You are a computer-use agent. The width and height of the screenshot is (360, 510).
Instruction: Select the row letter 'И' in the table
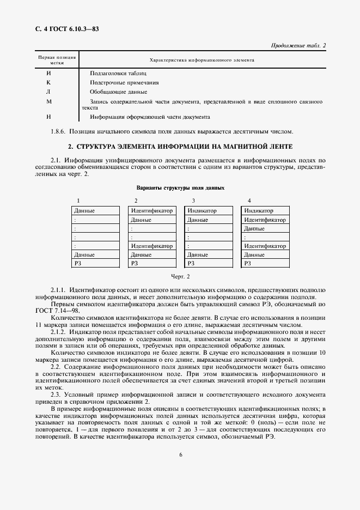[x=48, y=72]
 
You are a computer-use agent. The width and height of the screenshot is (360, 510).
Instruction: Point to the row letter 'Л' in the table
[x=48, y=92]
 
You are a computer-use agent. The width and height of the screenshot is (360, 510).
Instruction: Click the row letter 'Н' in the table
[x=48, y=117]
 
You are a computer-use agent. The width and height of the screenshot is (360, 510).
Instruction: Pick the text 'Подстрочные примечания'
[x=125, y=82]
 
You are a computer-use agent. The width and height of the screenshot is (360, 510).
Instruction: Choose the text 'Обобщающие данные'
[x=116, y=92]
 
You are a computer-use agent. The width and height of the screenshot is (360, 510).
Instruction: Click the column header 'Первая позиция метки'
[x=57, y=60]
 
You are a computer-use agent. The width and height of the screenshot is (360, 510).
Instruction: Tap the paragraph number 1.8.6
[x=59, y=131]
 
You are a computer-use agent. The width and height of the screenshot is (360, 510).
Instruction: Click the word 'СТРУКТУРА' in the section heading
[x=101, y=147]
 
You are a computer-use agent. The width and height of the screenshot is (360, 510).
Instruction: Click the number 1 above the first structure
[x=78, y=201]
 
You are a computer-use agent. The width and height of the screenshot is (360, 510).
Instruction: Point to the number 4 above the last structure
[x=249, y=201]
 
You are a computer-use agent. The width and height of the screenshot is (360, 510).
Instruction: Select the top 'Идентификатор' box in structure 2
[x=151, y=211]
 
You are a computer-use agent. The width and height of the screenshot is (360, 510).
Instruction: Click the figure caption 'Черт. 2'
[x=180, y=277]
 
